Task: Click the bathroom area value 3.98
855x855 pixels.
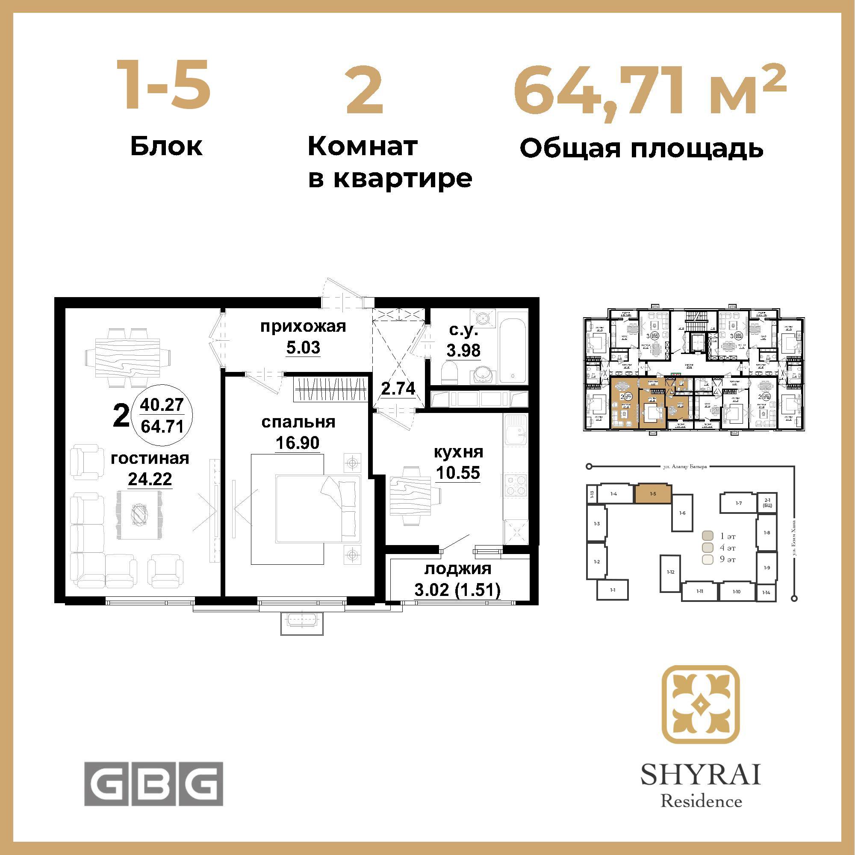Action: [463, 351]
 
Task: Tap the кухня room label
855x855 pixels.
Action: [458, 452]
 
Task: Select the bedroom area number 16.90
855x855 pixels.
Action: [298, 442]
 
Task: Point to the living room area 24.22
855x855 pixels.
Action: [150, 479]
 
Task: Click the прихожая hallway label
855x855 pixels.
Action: [303, 327]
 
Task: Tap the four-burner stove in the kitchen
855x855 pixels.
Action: [516, 485]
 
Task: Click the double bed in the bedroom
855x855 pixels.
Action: [318, 508]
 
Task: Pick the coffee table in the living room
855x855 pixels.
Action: [139, 515]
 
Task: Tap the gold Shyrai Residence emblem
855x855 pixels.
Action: [701, 705]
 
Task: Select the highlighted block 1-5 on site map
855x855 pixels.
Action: [653, 494]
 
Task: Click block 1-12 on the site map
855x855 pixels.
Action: [670, 572]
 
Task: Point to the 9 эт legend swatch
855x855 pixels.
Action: [708, 559]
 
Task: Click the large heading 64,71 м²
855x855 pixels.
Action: [649, 91]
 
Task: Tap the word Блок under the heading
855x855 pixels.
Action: [166, 147]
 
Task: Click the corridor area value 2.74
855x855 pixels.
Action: [398, 389]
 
